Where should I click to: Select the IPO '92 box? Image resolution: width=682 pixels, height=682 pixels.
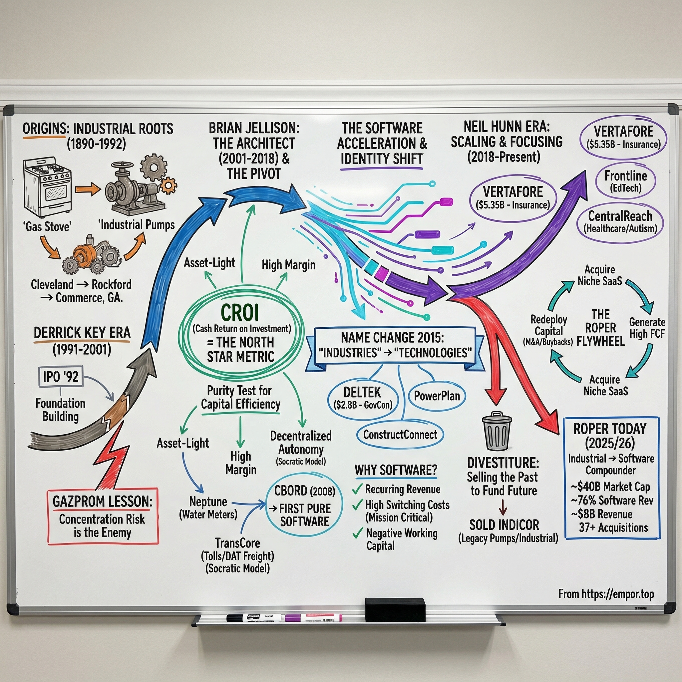[61, 377]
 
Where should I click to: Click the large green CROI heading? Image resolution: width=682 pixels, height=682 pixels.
[240, 312]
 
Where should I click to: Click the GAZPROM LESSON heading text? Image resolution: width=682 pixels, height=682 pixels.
[103, 501]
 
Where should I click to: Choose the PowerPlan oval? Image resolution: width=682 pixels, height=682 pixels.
[437, 396]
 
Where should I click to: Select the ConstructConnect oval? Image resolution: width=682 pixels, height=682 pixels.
[400, 435]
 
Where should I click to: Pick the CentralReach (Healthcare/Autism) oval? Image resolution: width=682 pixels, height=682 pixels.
[620, 222]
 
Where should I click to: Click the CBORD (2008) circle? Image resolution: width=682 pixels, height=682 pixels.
[304, 506]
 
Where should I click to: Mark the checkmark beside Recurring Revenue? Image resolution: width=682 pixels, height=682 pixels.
[358, 489]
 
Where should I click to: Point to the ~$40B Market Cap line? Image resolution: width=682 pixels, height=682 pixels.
[610, 487]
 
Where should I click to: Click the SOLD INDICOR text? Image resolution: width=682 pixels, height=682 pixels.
[504, 525]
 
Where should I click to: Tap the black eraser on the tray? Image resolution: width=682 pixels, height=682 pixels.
[395, 610]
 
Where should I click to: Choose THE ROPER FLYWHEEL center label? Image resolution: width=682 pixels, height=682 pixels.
[600, 328]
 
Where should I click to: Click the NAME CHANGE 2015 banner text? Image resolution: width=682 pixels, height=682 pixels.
[392, 338]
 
